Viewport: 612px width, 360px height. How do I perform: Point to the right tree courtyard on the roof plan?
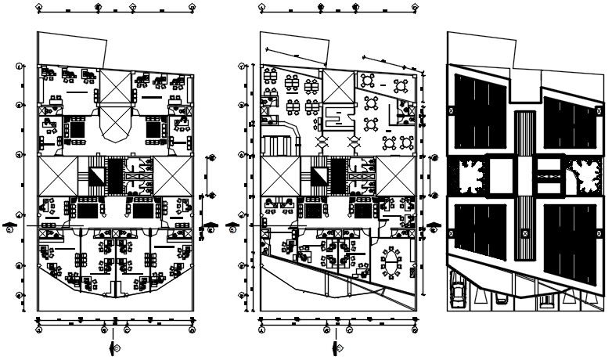point(582,175)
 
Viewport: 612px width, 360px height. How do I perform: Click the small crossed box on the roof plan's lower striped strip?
point(525,234)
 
